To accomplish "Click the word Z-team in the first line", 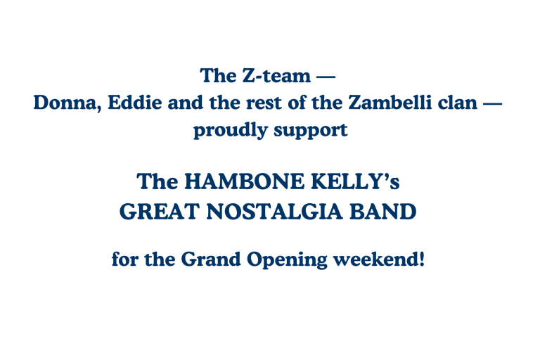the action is coord(276,75).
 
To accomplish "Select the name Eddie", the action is coord(135,103).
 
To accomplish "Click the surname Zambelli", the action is coord(390,103).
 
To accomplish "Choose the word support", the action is coord(311,131).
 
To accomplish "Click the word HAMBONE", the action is coord(245,181).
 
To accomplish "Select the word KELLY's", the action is coord(355,181).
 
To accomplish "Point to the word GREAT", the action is coord(160,212).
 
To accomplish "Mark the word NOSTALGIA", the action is coord(275,212).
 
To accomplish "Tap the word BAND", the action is coord(383,212).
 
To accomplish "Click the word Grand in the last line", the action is coord(211,259).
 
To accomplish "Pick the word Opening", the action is coord(287,259).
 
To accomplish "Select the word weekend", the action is coord(376,259).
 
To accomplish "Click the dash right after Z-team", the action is coord(326,76).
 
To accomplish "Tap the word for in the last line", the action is coord(125,259).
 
